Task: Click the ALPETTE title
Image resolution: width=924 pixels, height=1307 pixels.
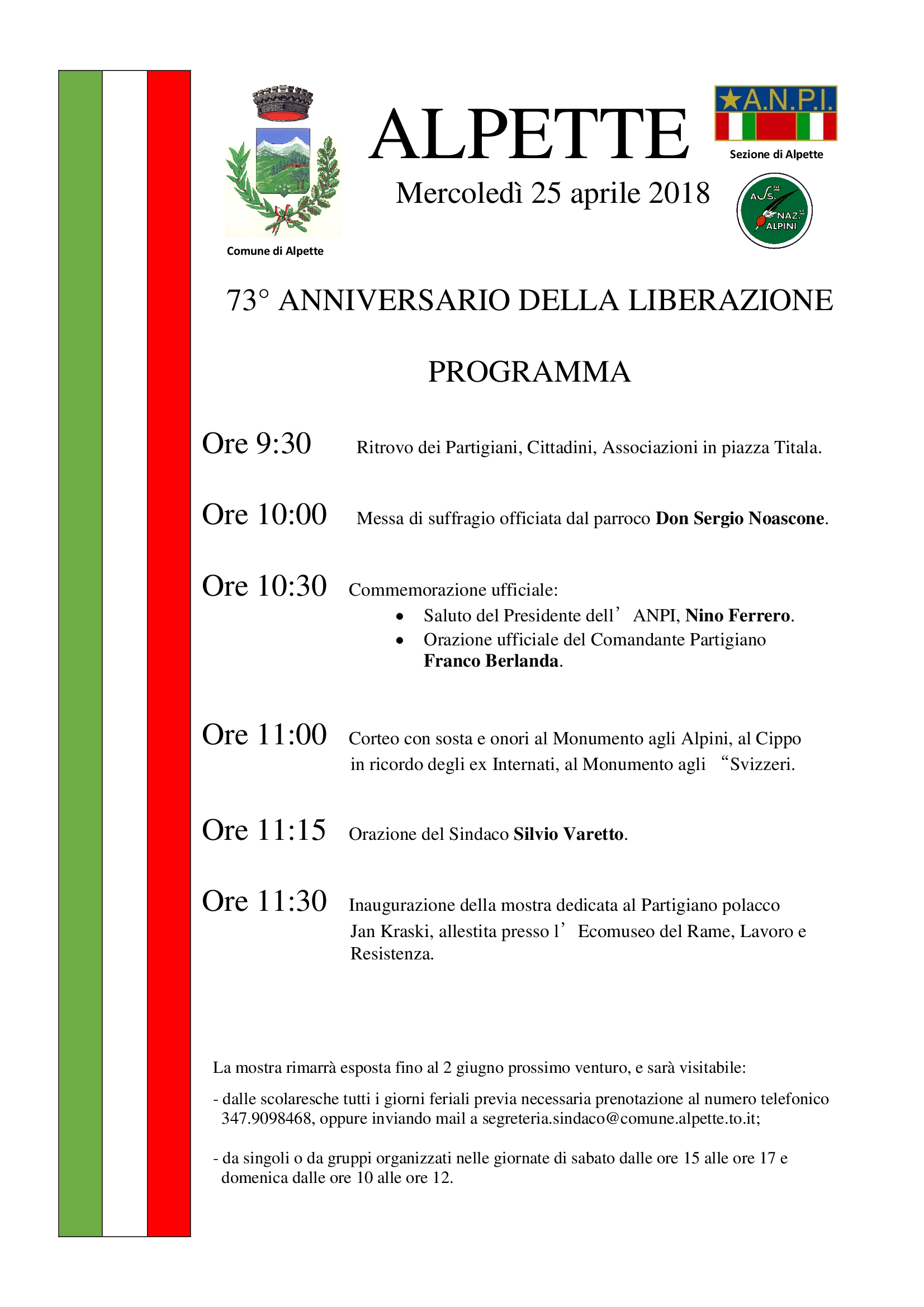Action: coord(529,135)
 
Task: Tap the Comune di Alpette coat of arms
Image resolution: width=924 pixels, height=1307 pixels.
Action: coord(283,162)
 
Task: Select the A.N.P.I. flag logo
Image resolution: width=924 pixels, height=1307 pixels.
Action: coord(775,113)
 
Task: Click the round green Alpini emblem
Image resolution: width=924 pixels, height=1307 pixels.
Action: coord(774,211)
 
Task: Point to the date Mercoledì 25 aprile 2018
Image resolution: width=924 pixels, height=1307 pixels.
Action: coord(553,193)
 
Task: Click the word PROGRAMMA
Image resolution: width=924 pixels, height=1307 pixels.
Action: coord(529,372)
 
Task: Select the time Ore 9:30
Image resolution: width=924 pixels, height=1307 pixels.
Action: coord(257,444)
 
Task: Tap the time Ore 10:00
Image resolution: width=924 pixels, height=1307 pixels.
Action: coord(264,515)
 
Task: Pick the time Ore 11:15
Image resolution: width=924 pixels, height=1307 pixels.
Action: coord(264,830)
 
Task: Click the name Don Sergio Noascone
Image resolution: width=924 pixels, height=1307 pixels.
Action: coord(740,519)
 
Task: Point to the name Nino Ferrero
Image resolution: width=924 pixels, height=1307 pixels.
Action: coord(737,616)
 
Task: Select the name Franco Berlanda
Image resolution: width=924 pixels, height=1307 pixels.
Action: coord(491,661)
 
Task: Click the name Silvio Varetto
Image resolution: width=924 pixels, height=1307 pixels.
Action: coord(568,834)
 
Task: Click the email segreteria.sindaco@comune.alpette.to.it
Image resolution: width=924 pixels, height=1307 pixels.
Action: coord(620,1119)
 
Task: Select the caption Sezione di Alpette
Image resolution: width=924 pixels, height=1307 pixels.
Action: coord(776,154)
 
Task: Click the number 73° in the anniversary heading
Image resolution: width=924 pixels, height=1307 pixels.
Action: coord(247,301)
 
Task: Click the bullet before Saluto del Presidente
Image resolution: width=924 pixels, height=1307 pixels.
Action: coord(400,616)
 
